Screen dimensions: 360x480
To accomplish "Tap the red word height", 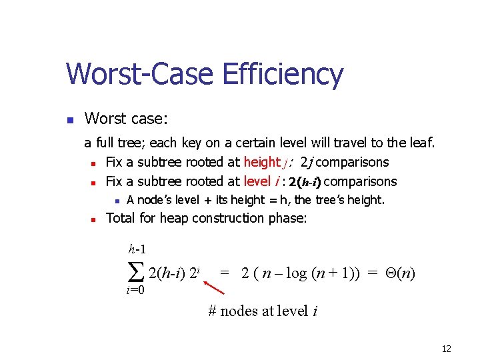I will click(x=262, y=162).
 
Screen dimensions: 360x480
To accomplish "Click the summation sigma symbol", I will click(x=135, y=271).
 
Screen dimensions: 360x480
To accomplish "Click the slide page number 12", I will click(x=447, y=349).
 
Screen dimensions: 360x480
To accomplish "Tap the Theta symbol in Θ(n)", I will click(x=391, y=273).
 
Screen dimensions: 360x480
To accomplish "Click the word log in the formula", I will click(x=297, y=273).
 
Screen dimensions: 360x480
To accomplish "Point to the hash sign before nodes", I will click(x=213, y=311).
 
